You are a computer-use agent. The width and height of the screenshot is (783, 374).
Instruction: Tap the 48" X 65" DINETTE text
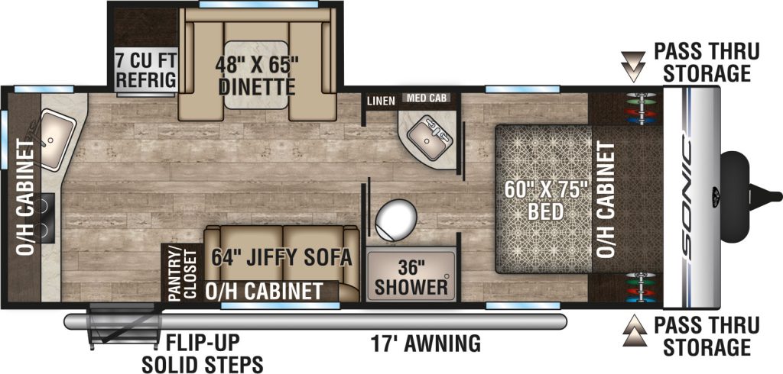tap(256, 76)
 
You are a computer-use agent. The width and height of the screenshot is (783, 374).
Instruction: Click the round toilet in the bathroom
tap(396, 220)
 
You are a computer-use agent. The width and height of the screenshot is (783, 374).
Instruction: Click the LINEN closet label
tap(381, 101)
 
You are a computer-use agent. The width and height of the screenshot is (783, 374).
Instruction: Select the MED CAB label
tap(426, 98)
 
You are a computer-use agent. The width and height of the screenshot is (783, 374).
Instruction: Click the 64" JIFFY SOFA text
tap(281, 257)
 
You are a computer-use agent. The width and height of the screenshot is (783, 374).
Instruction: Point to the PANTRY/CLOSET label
tap(184, 273)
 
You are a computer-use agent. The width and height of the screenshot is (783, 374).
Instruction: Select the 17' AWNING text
tap(425, 343)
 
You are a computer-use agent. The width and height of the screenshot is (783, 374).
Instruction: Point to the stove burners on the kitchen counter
tap(47, 218)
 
